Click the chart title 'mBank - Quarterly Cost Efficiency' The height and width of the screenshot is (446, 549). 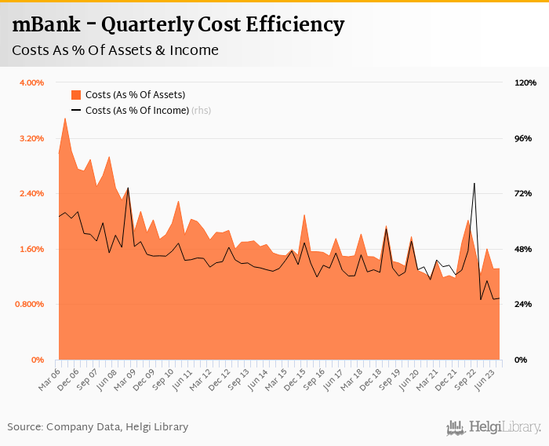tap(178, 25)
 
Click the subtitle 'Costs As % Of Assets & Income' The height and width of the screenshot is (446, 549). tap(115, 51)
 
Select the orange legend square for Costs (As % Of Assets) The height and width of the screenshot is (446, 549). tap(76, 94)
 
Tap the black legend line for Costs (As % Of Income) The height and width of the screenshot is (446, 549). tap(76, 111)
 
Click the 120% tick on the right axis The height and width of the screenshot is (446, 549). tap(525, 82)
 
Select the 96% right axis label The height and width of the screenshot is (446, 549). tap(523, 138)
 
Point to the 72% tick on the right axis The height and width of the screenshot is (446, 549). tap(523, 193)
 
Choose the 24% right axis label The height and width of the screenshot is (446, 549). tap(523, 304)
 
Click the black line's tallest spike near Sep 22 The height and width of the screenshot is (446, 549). tap(474, 184)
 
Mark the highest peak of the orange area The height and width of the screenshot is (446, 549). tap(65, 119)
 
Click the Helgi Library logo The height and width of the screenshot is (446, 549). tap(493, 427)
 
